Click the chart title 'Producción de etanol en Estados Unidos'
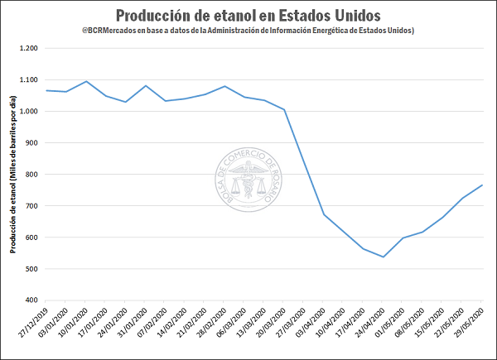pos(248,15)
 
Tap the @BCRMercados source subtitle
pos(248,31)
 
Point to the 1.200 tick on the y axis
pos(27,49)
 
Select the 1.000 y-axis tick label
pos(27,112)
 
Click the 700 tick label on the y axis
pos(31,206)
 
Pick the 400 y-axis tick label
pos(31,300)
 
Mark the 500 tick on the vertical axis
pos(31,269)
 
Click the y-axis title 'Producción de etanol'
pos(12,175)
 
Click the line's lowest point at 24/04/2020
pos(384,257)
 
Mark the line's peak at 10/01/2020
pos(86,81)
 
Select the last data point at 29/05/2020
pos(482,185)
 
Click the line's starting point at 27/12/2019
pos(46,90)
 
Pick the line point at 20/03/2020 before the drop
pos(284,109)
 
